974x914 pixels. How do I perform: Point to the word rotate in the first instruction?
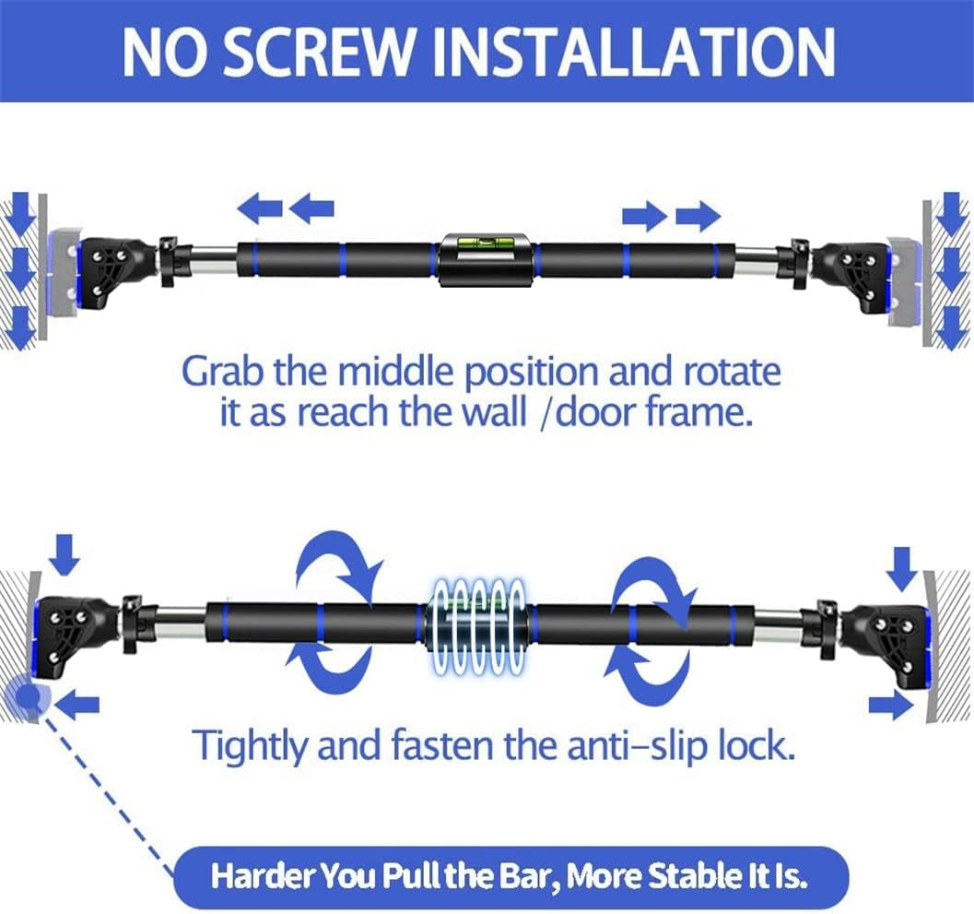click(733, 371)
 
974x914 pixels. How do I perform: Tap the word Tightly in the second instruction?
click(250, 745)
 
